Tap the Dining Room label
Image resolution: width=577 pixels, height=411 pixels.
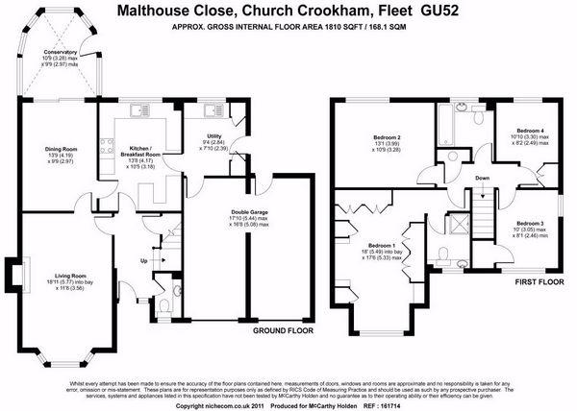[x=61, y=149]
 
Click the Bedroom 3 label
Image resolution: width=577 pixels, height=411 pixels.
[x=529, y=223]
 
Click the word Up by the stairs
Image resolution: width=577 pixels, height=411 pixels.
[x=145, y=259]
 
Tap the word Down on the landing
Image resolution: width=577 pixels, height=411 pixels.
[x=482, y=179]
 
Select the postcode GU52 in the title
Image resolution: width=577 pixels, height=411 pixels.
[x=436, y=12]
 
